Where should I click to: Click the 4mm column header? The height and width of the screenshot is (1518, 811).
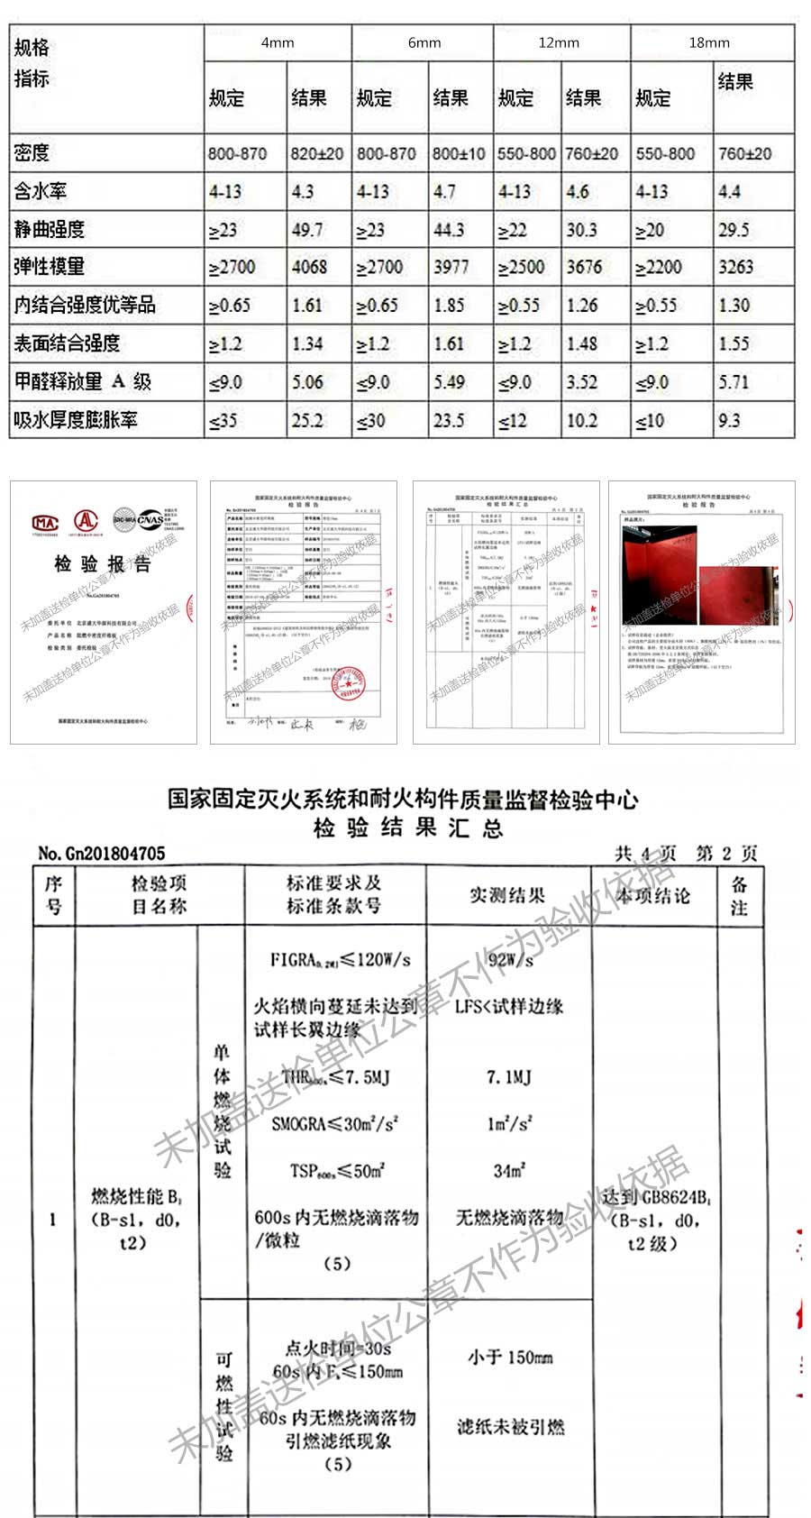278,42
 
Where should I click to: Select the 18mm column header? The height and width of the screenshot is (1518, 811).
709,42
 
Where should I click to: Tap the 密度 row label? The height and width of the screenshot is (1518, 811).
32,153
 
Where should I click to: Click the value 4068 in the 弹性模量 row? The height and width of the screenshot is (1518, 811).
309,268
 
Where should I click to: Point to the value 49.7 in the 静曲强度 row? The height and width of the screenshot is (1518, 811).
306,230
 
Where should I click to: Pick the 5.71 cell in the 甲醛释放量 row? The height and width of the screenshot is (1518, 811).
734,382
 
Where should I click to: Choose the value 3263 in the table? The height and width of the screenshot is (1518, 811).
735,268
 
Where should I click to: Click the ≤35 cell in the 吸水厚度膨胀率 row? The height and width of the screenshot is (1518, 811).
223,420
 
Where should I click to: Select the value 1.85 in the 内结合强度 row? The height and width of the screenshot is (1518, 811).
449,306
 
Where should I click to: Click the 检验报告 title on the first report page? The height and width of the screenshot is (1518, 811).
102,564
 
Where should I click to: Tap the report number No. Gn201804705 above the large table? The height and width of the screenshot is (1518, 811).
102,853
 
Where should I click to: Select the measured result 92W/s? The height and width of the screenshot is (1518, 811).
510,960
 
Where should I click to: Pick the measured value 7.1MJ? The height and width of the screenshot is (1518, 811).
509,1076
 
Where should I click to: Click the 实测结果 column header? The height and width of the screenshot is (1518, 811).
507,895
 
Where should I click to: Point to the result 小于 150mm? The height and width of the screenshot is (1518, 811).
510,1357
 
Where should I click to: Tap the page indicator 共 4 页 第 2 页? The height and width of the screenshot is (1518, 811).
686,853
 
